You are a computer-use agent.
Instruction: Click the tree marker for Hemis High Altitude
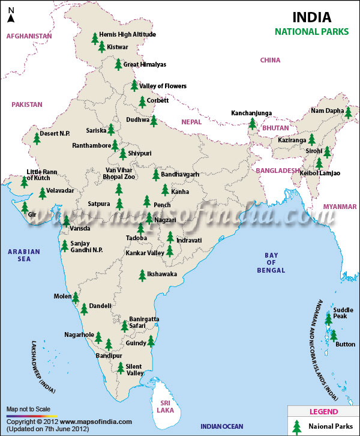(94, 38)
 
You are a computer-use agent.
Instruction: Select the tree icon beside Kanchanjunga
(253, 124)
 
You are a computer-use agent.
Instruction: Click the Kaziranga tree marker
(311, 139)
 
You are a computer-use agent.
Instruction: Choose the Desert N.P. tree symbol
(37, 138)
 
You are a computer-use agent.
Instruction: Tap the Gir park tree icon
(25, 208)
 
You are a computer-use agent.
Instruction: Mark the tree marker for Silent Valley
(121, 368)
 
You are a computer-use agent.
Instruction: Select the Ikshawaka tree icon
(142, 275)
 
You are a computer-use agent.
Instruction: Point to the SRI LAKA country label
(164, 406)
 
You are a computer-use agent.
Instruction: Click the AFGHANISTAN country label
(29, 36)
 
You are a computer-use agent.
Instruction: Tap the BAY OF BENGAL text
(271, 262)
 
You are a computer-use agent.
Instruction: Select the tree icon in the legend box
(296, 426)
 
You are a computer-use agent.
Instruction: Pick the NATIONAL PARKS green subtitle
(312, 32)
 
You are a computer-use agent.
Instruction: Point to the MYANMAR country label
(340, 207)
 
